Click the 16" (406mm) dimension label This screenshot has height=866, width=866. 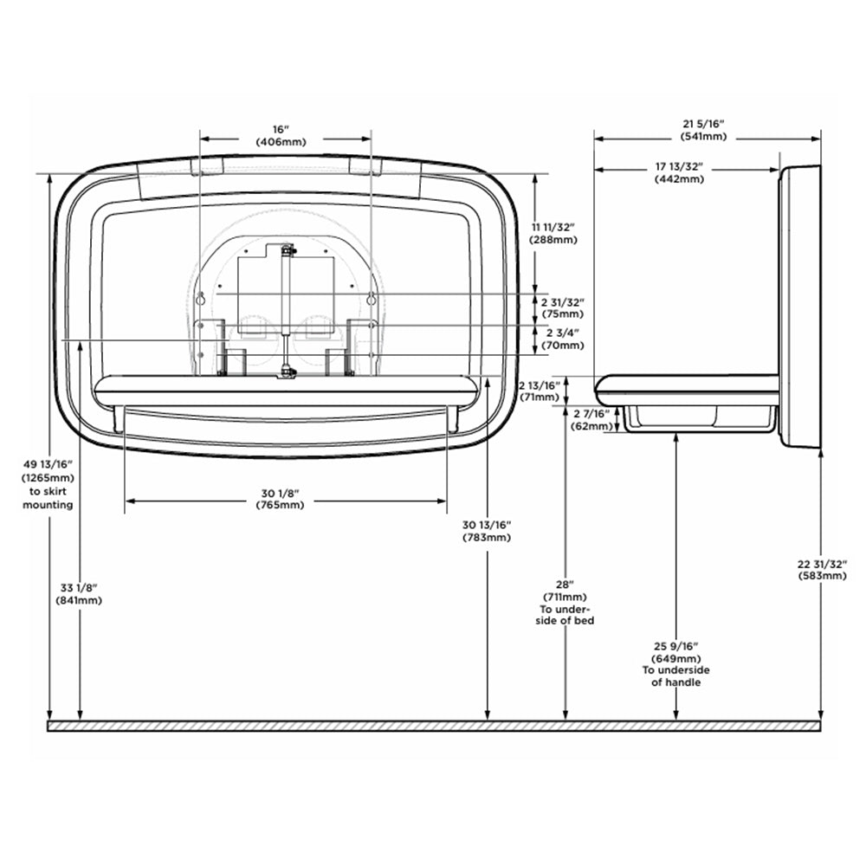click(281, 135)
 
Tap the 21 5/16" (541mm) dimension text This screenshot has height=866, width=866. click(703, 130)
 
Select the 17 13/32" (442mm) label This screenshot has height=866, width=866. click(679, 172)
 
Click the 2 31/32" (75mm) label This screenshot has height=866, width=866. click(562, 308)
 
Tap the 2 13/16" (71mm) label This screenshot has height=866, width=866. click(540, 391)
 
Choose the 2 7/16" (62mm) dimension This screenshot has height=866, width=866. click(591, 420)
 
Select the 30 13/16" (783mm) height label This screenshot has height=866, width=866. click(487, 531)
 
